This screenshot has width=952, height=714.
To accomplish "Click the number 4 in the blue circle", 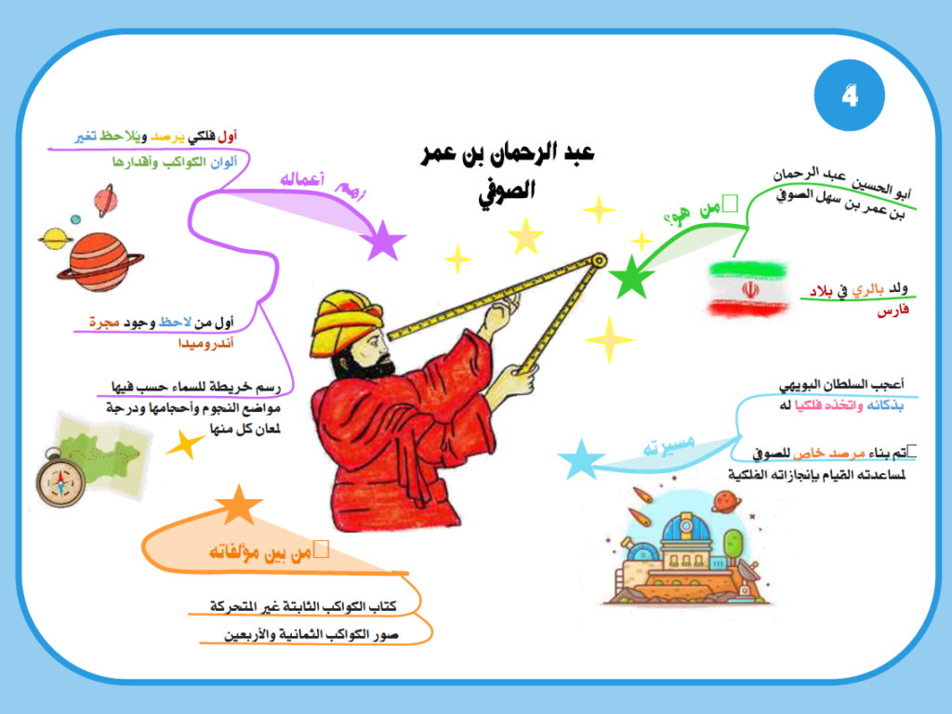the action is click(x=850, y=96).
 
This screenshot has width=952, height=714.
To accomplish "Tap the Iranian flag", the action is click(x=748, y=290).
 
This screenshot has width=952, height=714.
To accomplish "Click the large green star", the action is click(x=631, y=277).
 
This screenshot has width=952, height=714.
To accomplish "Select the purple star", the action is click(x=382, y=241).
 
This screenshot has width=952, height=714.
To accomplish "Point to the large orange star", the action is click(x=239, y=505).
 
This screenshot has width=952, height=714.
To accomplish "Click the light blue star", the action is click(x=581, y=459).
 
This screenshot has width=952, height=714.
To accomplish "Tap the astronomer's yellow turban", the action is click(x=345, y=321).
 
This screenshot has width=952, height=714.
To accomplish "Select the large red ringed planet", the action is click(x=99, y=262).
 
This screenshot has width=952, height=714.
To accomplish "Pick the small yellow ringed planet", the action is click(x=56, y=239).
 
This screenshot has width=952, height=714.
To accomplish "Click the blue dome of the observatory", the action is click(x=686, y=528).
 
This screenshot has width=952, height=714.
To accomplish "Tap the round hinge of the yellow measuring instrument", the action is click(x=599, y=260).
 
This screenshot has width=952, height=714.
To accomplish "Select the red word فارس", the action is click(x=892, y=311).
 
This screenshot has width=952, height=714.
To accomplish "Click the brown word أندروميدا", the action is click(x=205, y=344).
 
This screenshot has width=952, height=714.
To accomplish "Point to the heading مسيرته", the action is click(x=668, y=445).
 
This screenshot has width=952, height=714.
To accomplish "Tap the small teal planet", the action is click(x=75, y=219).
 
